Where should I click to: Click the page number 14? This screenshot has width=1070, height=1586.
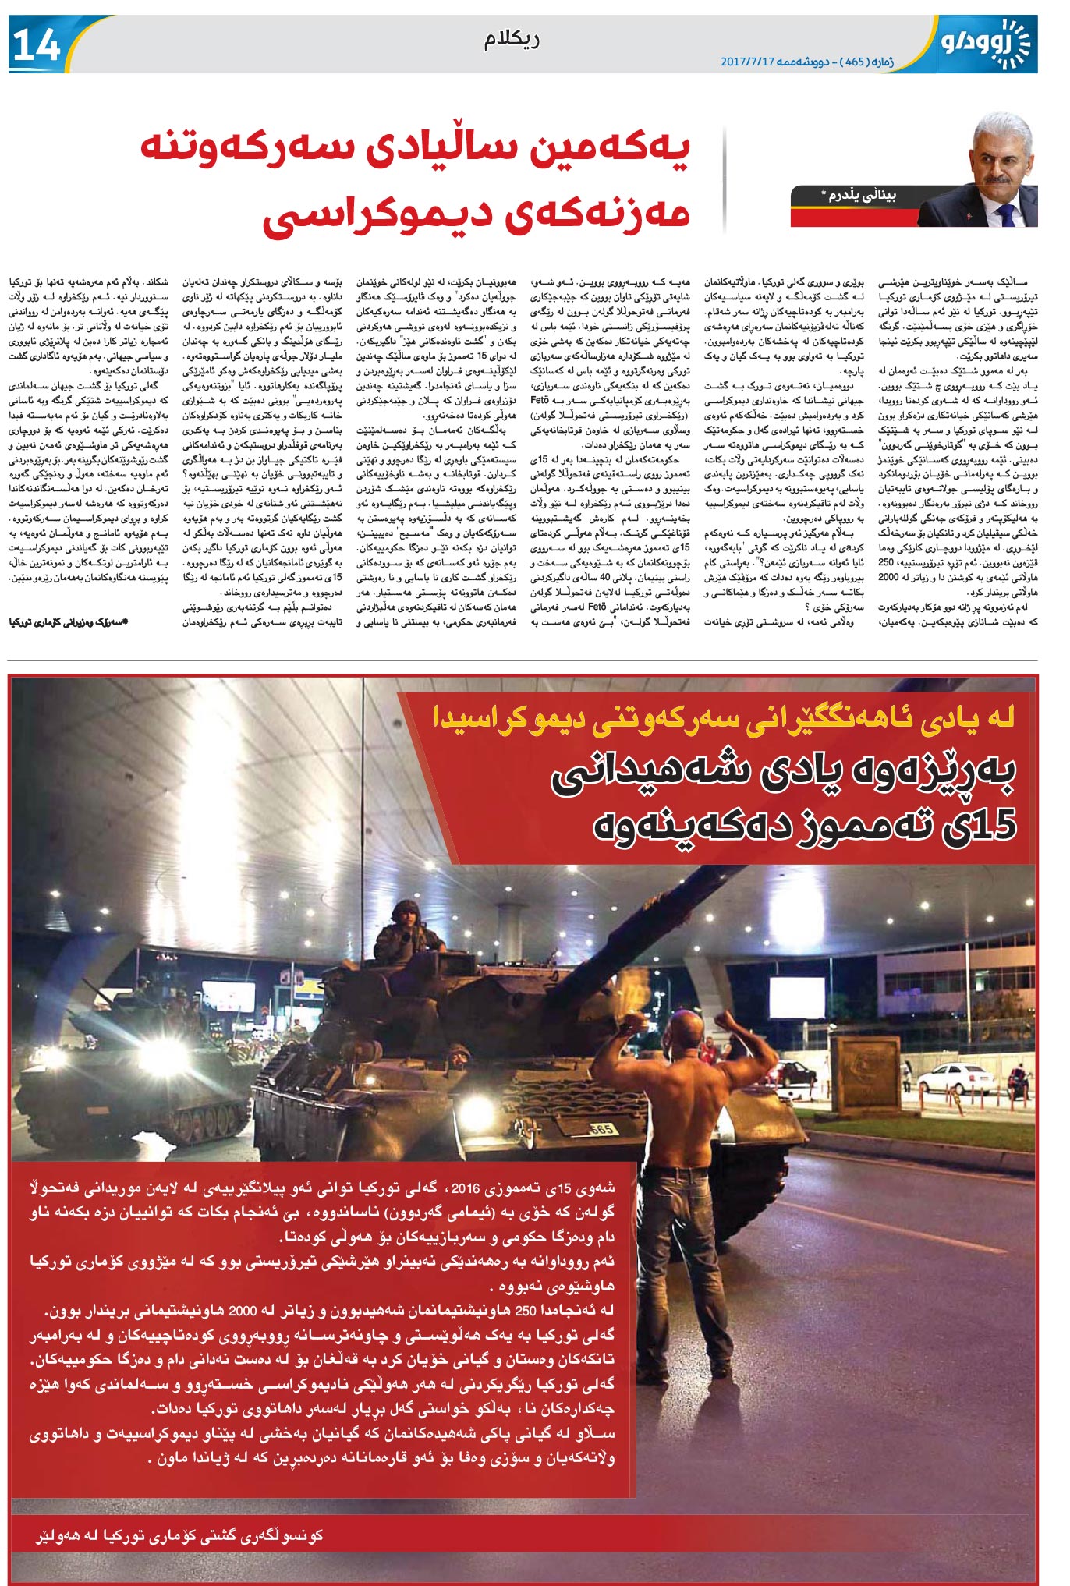pos(37,46)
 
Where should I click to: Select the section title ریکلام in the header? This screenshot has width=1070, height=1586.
pos(511,40)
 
